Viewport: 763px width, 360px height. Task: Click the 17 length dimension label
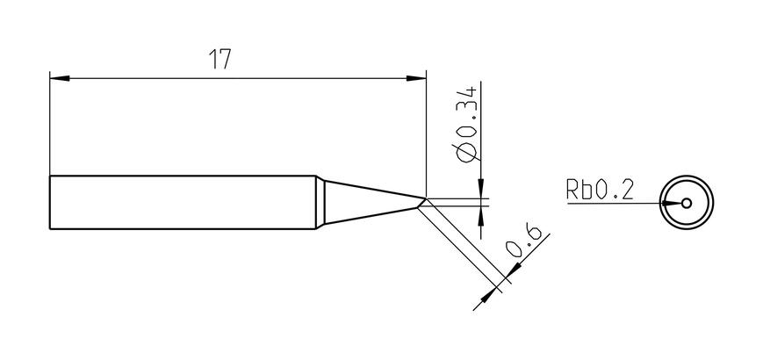pos(220,59)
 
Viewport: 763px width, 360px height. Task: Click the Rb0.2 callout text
pos(600,190)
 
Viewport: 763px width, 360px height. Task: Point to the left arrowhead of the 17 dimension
pos(60,78)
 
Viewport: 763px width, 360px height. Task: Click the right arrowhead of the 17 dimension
pos(416,78)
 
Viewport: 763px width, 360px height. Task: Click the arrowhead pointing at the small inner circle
pos(672,204)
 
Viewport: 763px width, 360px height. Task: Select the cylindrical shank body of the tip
pos(183,202)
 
